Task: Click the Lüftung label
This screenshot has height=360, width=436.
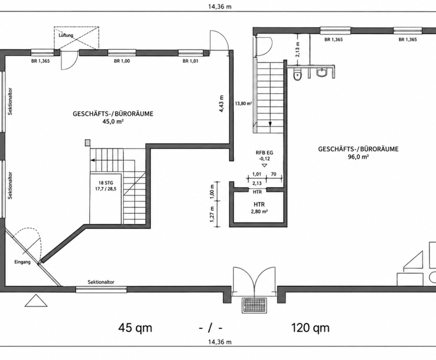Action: [66, 35]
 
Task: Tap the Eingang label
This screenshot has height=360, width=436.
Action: [22, 262]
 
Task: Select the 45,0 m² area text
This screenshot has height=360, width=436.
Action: [113, 122]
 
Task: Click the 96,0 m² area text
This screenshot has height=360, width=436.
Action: [358, 157]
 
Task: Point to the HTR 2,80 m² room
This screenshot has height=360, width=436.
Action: [259, 208]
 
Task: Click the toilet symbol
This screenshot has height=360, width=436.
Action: [298, 74]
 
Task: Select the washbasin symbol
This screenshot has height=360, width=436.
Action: [322, 73]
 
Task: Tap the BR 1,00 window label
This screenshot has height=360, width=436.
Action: [122, 61]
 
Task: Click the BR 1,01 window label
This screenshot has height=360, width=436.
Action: [190, 61]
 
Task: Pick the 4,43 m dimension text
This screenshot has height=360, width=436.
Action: [222, 104]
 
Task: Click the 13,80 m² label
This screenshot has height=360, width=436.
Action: [243, 103]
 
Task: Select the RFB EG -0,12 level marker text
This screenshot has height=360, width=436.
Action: [264, 155]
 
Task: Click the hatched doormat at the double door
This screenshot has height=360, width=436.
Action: [254, 305]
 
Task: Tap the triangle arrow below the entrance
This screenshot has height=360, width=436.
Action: [36, 301]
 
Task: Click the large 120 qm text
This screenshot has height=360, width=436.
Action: [310, 328]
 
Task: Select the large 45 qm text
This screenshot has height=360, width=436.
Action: [135, 328]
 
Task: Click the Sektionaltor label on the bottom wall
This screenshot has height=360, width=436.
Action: [101, 282]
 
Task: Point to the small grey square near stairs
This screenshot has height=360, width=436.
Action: [88, 143]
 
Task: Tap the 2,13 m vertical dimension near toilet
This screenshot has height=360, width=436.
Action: [298, 50]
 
